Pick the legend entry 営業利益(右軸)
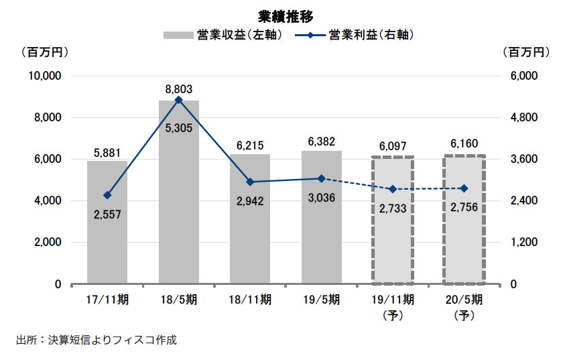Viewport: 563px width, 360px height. tap(359, 34)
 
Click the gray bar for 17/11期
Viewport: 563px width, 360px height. tap(107, 228)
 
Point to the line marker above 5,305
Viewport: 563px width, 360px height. tap(178, 100)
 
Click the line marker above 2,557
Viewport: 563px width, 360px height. tap(107, 195)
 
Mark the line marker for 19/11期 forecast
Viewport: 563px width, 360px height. tap(393, 189)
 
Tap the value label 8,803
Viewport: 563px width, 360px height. tap(178, 88)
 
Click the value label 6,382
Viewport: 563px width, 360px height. tap(322, 142)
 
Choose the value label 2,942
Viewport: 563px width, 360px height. tap(250, 199)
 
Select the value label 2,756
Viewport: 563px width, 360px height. tap(464, 206)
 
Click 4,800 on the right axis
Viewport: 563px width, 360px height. tap(515, 118)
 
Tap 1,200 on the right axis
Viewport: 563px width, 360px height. tap(515, 243)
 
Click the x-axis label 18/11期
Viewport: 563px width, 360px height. tap(250, 300)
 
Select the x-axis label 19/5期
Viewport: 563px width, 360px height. tap(322, 300)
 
